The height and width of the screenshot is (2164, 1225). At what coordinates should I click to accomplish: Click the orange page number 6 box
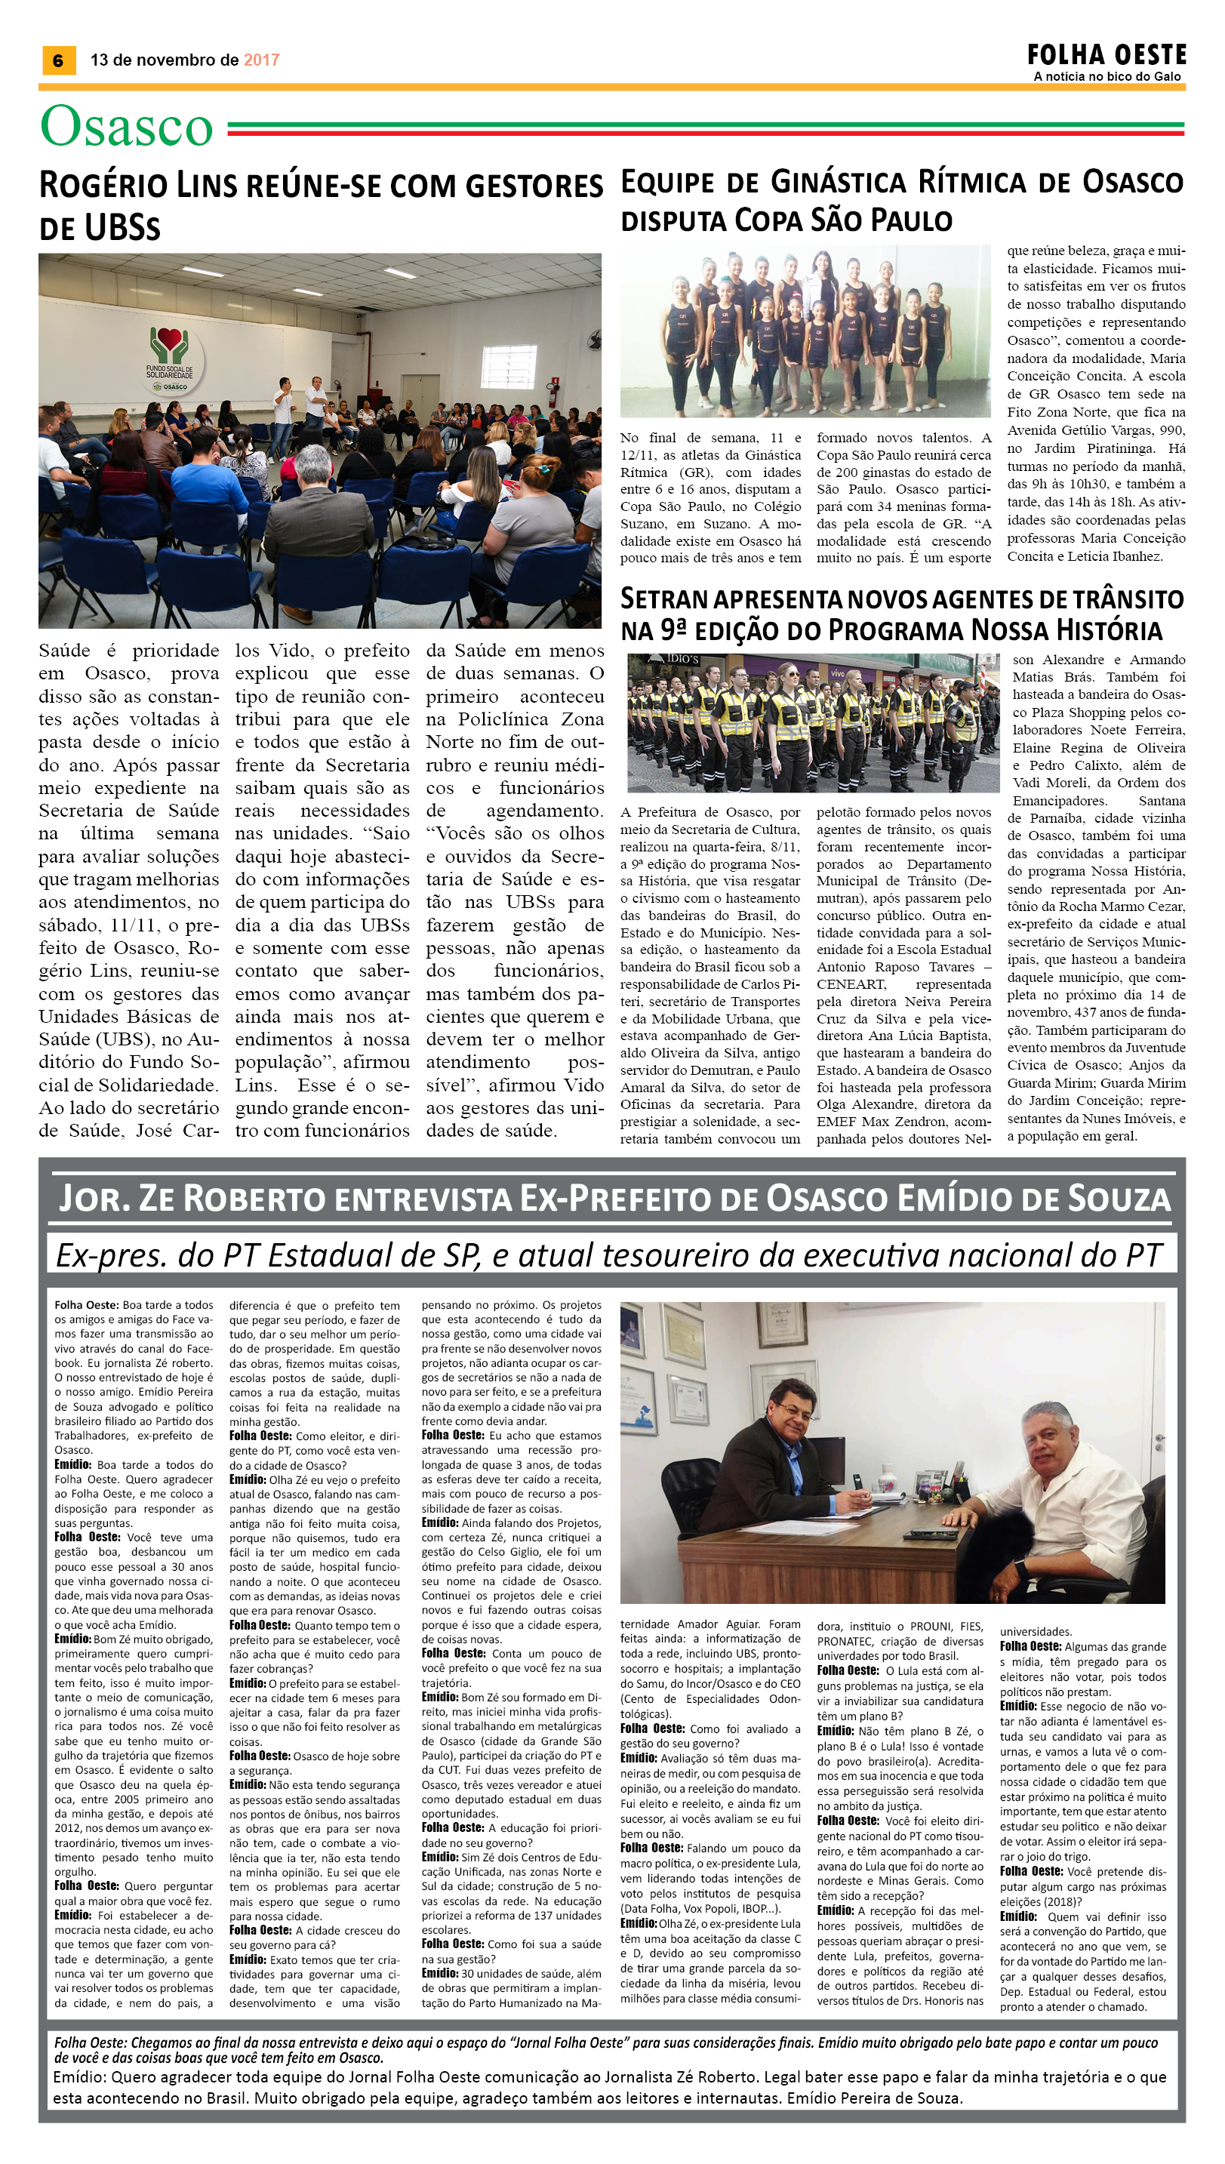tap(58, 60)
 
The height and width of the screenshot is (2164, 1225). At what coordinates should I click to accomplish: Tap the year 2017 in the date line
tap(261, 60)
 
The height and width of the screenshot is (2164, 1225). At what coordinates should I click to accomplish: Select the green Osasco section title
tap(126, 126)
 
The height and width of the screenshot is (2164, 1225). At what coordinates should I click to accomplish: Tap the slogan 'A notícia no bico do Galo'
tap(1107, 76)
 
